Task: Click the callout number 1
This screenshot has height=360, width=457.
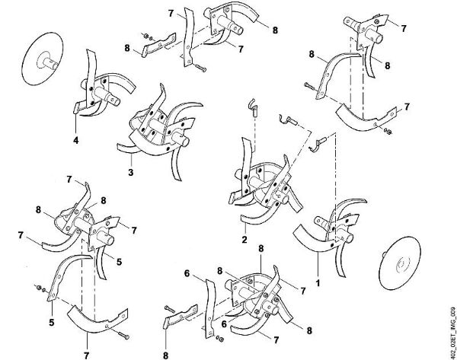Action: coord(318,282)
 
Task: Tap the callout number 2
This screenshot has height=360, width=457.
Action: coord(244,240)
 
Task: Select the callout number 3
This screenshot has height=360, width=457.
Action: coord(131,172)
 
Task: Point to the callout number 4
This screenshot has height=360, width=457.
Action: coord(75,140)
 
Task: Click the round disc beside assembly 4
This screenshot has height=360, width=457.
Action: coord(43,59)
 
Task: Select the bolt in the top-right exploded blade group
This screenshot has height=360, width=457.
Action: coord(309,86)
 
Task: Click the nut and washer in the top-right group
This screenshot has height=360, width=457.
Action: coord(387,132)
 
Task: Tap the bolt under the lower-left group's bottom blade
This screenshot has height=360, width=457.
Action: coord(123,336)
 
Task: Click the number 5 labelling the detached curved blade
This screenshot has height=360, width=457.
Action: coord(52,323)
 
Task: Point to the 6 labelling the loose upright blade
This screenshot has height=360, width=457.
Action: coord(187,273)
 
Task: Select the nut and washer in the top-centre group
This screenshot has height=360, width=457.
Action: coord(148,37)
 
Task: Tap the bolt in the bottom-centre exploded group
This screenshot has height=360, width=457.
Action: coord(170,309)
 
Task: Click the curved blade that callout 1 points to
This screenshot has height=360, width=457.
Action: coord(313,240)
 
